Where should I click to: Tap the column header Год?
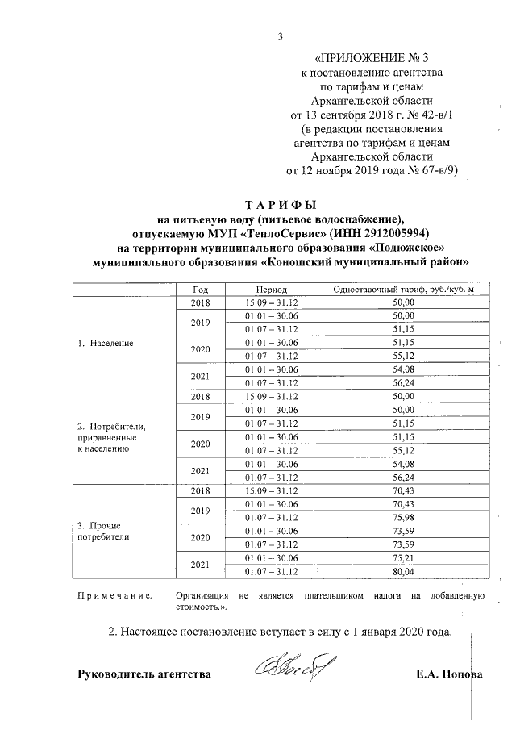point(201,290)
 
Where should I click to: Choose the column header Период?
point(272,290)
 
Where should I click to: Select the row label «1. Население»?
point(106,343)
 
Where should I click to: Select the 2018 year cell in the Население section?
point(201,302)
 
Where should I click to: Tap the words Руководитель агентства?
point(144,674)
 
